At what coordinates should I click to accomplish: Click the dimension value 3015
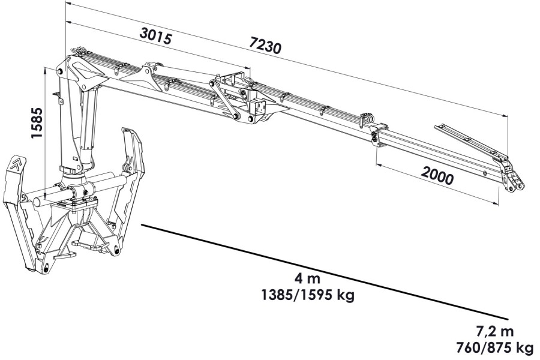[155, 35]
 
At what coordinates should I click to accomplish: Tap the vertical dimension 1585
[37, 123]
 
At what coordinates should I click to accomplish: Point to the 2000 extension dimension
[437, 175]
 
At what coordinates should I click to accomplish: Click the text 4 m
[307, 278]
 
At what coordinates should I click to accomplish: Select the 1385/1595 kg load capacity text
[308, 295]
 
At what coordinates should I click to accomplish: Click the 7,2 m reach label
[495, 331]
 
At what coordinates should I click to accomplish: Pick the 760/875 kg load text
[494, 348]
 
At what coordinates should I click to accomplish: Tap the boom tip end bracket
[513, 177]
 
